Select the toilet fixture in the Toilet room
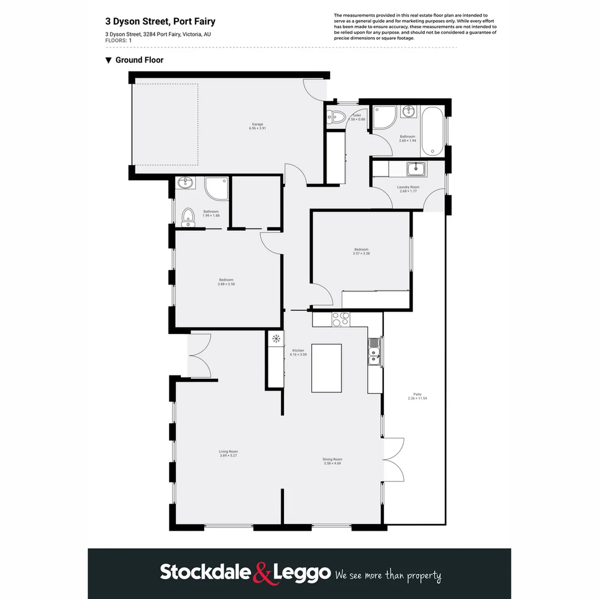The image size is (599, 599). coord(336,116)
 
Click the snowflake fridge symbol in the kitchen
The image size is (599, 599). coord(276,339)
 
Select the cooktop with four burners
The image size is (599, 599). coord(340,319)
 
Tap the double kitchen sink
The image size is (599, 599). coord(375,352)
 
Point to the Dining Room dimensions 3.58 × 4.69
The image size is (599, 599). coord(332,463)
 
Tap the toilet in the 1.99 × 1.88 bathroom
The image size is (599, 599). coord(189,217)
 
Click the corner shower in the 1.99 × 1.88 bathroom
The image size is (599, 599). coord(216,189)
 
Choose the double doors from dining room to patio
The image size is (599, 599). coord(393,459)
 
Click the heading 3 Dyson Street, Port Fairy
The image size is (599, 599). coord(160,22)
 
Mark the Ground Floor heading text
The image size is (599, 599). coord(139,60)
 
